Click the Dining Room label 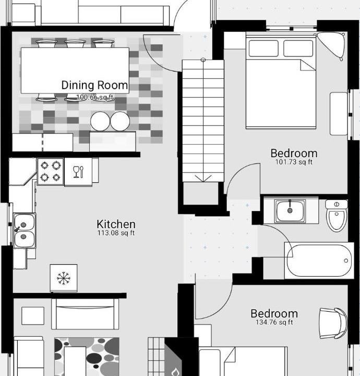(94, 85)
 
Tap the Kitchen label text (116, 224)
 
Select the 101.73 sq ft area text (294, 162)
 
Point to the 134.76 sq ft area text (274, 322)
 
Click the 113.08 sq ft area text (116, 233)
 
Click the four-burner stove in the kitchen (51, 171)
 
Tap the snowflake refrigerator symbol (64, 278)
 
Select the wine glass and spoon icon (78, 172)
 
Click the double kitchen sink (24, 230)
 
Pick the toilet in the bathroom (337, 216)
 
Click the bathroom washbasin (290, 210)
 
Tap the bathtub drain (346, 261)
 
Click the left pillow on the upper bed (263, 49)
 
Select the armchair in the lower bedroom (333, 323)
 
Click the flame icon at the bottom (176, 372)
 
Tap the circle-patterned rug (87, 357)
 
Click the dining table (75, 70)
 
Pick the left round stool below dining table (100, 121)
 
